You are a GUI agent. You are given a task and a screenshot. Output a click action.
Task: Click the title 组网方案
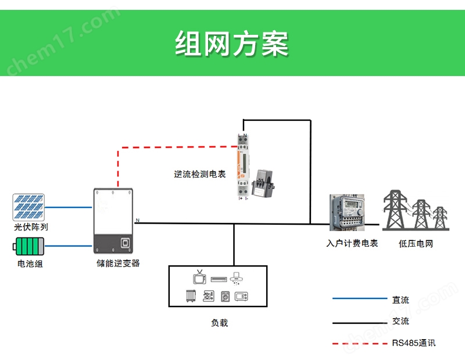pyautogui.click(x=231, y=44)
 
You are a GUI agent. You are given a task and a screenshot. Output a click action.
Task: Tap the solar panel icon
pyautogui.click(x=28, y=207)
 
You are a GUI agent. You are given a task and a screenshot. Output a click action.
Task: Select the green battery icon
pyautogui.click(x=28, y=246)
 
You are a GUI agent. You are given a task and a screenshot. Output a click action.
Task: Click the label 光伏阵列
pyautogui.click(x=31, y=227)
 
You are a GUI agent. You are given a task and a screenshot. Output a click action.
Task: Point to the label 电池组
pyautogui.click(x=30, y=264)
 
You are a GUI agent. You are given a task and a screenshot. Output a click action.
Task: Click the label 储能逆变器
pyautogui.click(x=118, y=263)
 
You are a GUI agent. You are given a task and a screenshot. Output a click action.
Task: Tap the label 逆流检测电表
pyautogui.click(x=200, y=174)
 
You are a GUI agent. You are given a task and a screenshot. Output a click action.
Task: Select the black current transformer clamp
pyautogui.click(x=263, y=183)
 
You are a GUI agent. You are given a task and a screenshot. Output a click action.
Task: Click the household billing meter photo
pyautogui.click(x=347, y=213)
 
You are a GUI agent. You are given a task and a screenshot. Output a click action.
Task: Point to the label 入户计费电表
pyautogui.click(x=352, y=243)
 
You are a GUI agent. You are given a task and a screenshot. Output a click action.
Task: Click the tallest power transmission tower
pyautogui.click(x=395, y=210)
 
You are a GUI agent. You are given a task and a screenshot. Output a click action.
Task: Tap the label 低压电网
pyautogui.click(x=416, y=243)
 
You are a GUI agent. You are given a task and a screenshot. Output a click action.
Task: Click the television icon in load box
pyautogui.click(x=199, y=278)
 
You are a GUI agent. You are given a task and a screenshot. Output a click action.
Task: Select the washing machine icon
pyautogui.click(x=226, y=296)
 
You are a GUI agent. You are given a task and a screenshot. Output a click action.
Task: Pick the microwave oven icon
pyautogui.click(x=241, y=296)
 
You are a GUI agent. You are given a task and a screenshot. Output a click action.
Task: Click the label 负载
pyautogui.click(x=220, y=323)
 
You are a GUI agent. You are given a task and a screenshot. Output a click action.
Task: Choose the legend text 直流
pyautogui.click(x=400, y=300)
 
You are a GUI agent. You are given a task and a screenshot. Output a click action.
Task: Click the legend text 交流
pyautogui.click(x=400, y=321)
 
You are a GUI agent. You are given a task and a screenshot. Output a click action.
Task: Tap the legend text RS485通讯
pyautogui.click(x=414, y=343)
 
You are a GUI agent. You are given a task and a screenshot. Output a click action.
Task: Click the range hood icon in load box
pyautogui.click(x=236, y=279)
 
